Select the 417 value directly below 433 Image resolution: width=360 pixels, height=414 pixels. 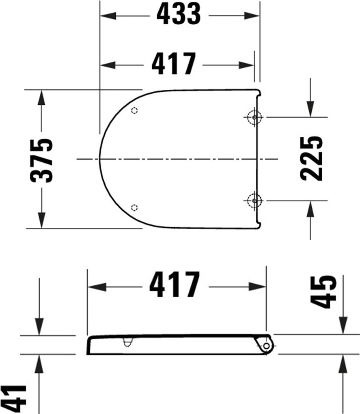(174, 65)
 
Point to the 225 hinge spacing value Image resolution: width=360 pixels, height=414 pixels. (311, 158)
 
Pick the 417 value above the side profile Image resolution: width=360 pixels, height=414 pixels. (175, 285)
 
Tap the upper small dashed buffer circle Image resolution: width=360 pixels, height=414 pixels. (135, 110)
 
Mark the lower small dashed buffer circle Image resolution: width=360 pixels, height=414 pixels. (135, 207)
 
